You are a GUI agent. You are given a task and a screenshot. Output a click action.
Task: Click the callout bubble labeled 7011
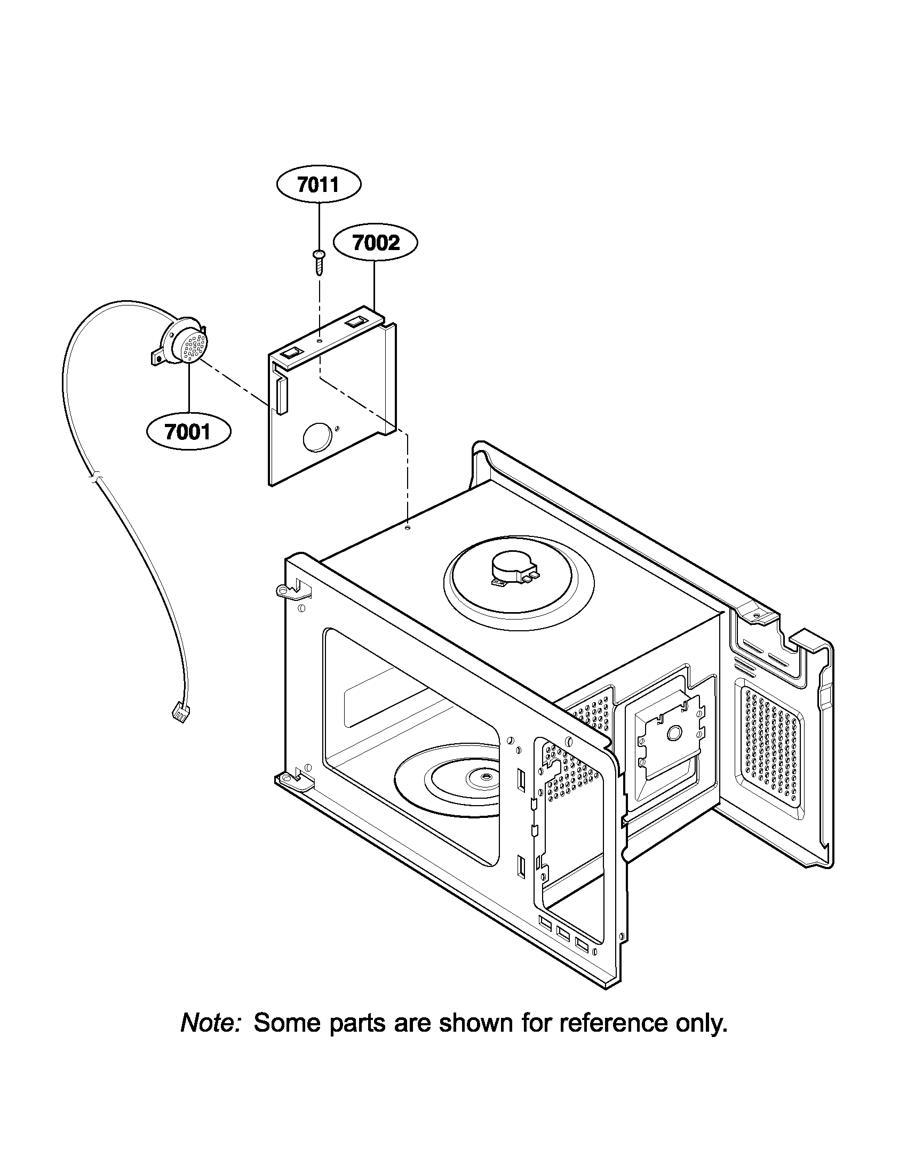click(318, 184)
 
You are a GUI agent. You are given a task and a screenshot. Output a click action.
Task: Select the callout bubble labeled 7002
click(376, 243)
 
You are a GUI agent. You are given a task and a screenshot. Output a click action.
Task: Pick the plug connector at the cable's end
click(178, 713)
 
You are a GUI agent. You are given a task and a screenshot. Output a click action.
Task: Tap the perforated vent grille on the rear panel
click(772, 743)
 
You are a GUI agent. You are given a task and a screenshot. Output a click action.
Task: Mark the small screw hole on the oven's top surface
click(408, 528)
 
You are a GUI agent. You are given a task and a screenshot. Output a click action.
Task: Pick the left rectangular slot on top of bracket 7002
click(289, 352)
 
